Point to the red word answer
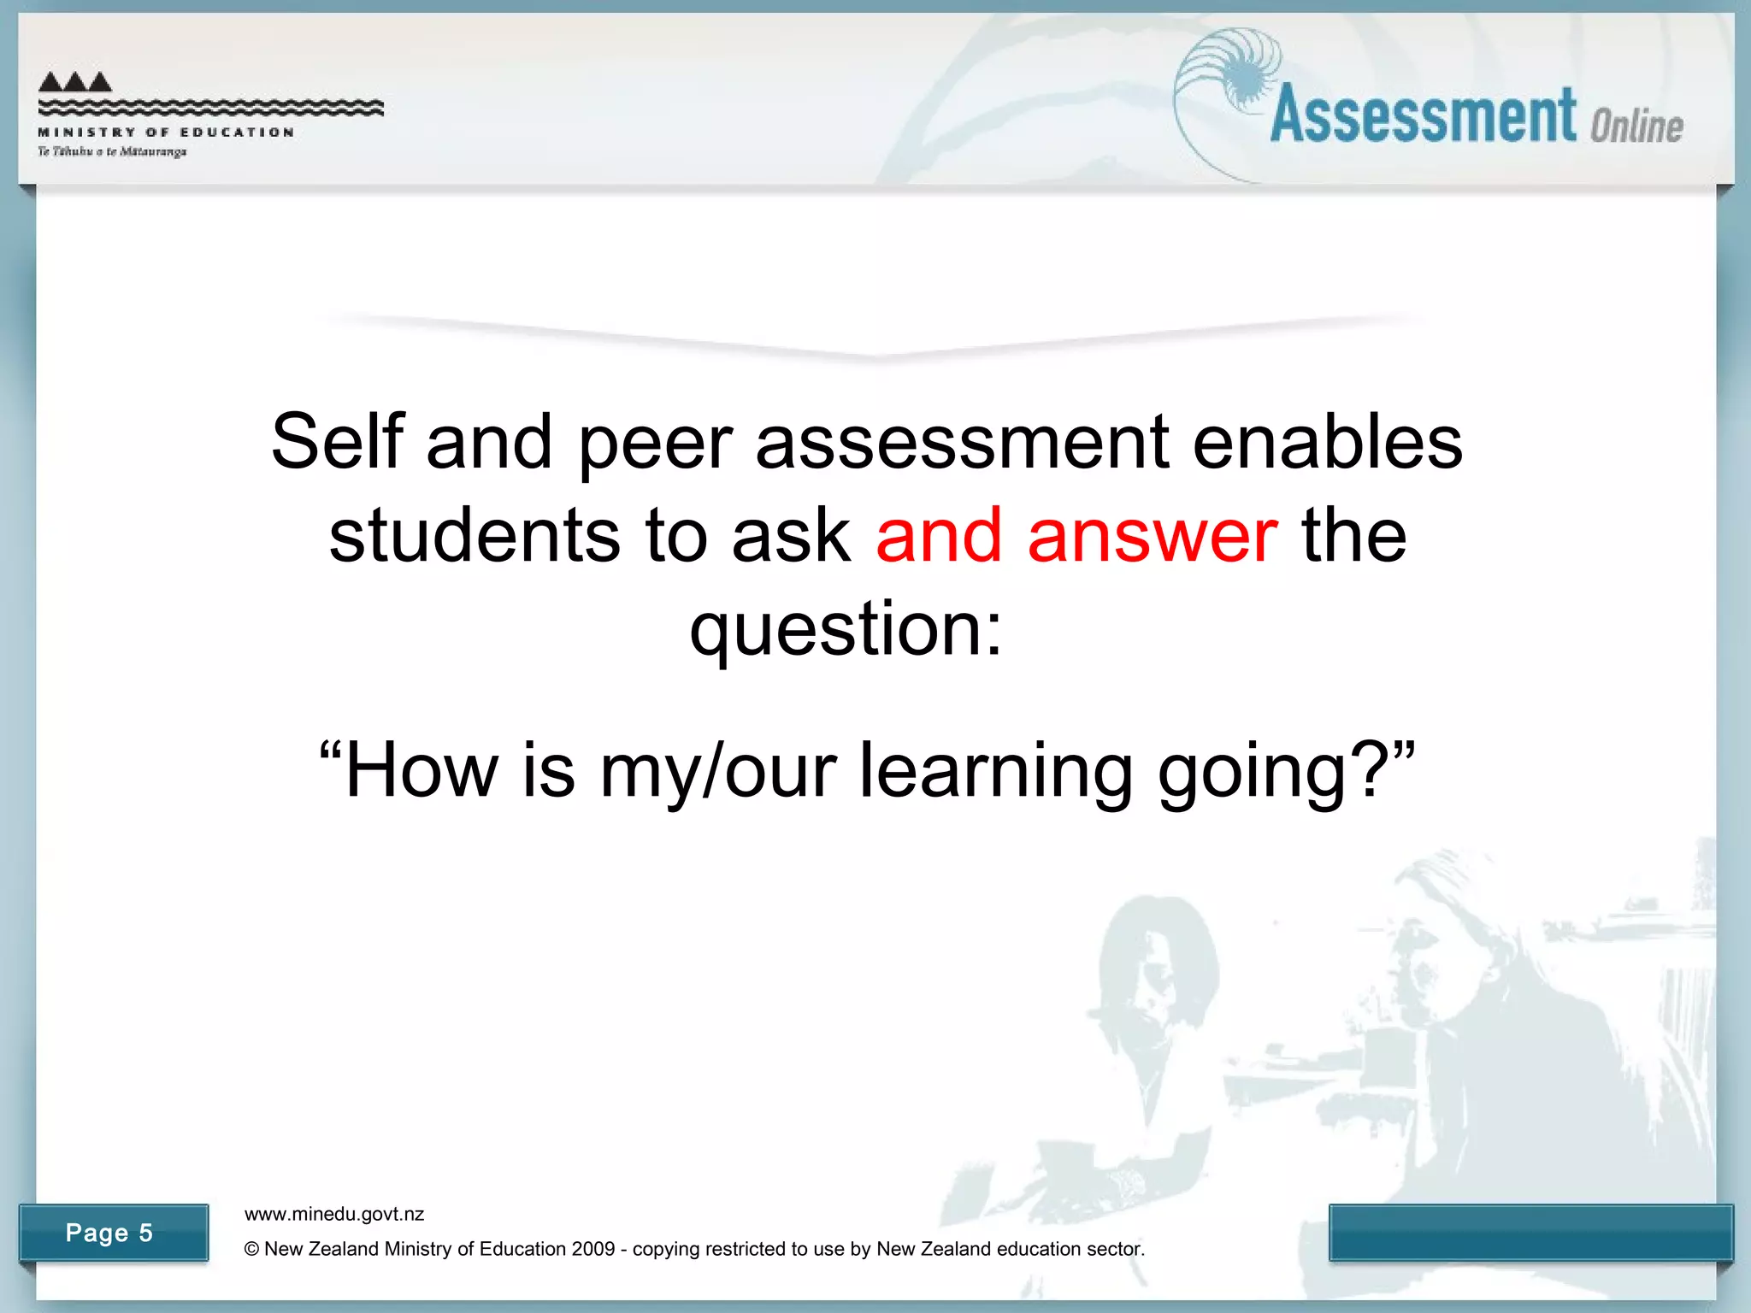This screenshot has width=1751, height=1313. pos(1153,537)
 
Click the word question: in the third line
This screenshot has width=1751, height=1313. pos(846,631)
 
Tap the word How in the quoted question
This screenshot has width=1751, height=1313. pos(422,771)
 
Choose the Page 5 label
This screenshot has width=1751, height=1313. pos(109,1233)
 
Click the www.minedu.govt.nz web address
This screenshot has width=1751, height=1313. pos(334,1214)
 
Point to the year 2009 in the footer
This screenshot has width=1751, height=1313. pos(593,1249)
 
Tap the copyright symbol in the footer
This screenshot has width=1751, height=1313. pos(251,1249)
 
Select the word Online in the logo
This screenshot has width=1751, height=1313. pos(1636,127)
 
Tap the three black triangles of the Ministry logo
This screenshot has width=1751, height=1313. pos(75,81)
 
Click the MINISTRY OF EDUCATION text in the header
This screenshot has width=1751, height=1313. pos(166,132)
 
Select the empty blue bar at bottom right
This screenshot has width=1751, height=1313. pos(1530,1232)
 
